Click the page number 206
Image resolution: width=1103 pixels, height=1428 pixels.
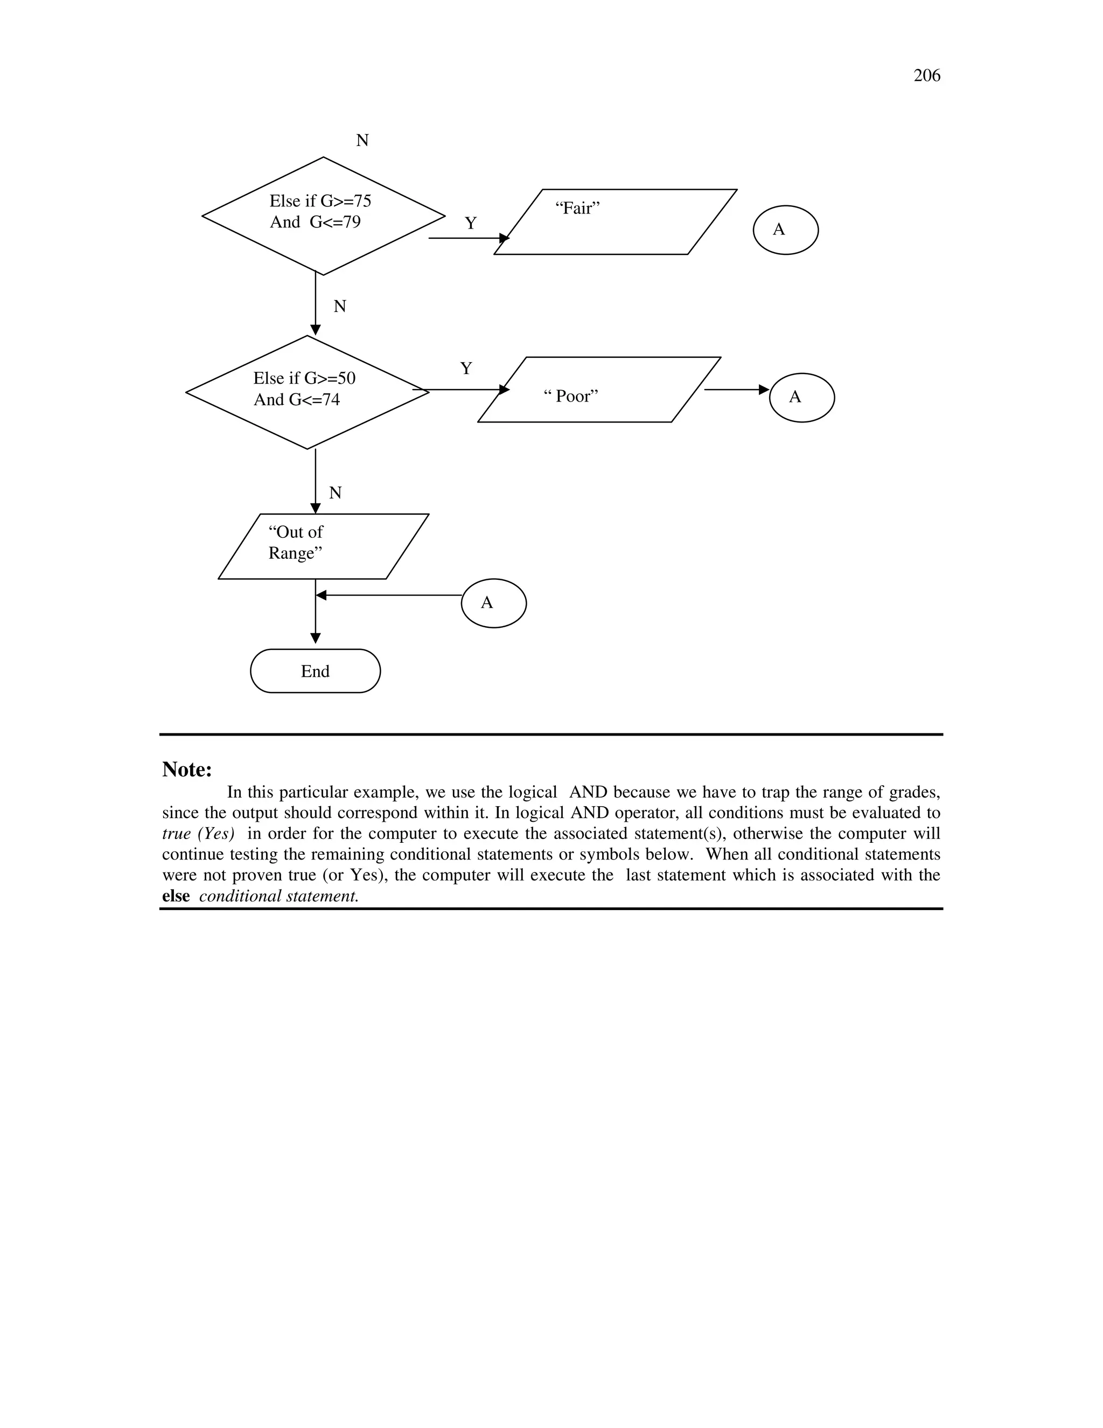(x=926, y=76)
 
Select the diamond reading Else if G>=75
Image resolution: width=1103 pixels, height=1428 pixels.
(x=323, y=216)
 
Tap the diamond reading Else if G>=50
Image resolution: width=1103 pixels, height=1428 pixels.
(x=307, y=392)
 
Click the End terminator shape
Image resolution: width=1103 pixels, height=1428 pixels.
(x=315, y=671)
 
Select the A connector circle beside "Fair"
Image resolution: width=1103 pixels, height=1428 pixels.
(x=785, y=230)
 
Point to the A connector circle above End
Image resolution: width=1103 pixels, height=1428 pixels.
(x=493, y=603)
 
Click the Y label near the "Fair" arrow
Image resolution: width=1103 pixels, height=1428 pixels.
(x=471, y=224)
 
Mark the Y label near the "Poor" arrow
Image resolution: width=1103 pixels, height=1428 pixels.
(x=466, y=369)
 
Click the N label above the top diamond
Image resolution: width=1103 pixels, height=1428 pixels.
(x=362, y=141)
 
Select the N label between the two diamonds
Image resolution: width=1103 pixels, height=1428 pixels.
(x=340, y=307)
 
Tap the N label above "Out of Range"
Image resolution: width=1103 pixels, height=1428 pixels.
(x=335, y=493)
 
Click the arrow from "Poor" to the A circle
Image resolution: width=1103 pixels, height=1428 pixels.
(x=736, y=390)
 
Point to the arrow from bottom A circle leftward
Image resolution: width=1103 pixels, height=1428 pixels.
(x=389, y=595)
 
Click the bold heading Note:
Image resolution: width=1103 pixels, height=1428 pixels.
(x=187, y=770)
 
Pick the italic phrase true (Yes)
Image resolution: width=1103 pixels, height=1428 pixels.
(x=198, y=834)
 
